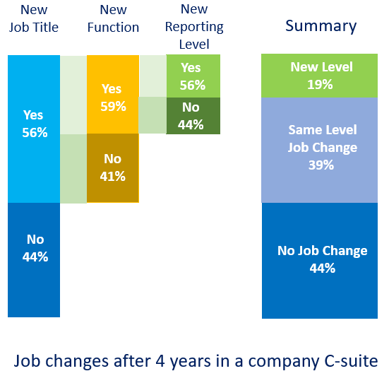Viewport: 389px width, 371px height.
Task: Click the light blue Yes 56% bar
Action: tap(34, 129)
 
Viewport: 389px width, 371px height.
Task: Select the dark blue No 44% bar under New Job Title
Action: tap(34, 260)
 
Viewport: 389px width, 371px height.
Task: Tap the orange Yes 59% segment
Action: tap(113, 95)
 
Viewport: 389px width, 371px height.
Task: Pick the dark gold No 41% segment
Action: tap(113, 168)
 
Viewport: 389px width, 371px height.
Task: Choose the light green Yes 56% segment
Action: tap(193, 76)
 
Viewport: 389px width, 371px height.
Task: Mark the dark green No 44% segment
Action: tap(193, 116)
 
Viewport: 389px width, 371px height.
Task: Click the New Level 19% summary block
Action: tap(320, 76)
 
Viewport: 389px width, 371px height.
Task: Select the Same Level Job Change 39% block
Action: tap(320, 151)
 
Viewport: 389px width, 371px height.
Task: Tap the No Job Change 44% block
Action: tap(320, 261)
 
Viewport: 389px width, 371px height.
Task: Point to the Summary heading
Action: tap(321, 26)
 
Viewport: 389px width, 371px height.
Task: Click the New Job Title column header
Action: tap(34, 18)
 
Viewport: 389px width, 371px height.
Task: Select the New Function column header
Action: tap(113, 18)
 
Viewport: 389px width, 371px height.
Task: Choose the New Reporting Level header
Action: tap(194, 27)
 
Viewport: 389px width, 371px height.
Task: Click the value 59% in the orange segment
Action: tap(113, 106)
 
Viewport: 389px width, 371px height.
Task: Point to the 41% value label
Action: tap(113, 176)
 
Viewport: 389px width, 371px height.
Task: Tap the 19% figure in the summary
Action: tap(320, 84)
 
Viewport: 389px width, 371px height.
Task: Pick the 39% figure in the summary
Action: tap(321, 165)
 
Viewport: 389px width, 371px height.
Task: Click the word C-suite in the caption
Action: tap(351, 361)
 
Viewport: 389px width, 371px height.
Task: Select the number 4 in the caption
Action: tap(160, 361)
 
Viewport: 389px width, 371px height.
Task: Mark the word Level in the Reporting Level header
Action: tap(194, 45)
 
